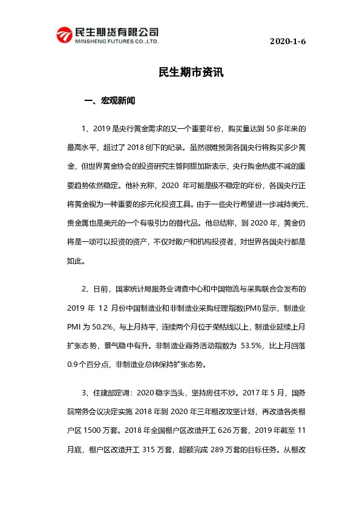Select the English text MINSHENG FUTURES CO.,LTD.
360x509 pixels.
coord(115,43)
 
